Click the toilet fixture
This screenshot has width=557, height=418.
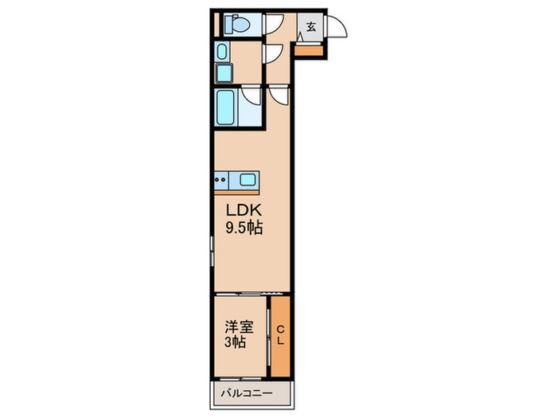(x=237, y=24)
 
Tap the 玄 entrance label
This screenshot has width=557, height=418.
(x=311, y=26)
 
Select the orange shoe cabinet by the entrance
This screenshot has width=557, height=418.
(x=309, y=50)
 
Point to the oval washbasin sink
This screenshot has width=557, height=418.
(x=222, y=52)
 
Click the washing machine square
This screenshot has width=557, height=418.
(x=224, y=73)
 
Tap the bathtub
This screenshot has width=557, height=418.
(x=225, y=107)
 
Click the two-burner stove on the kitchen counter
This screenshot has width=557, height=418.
(x=221, y=180)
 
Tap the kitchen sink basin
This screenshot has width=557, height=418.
(x=247, y=180)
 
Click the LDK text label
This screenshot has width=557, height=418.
(x=244, y=210)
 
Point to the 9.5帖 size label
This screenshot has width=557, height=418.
(x=244, y=228)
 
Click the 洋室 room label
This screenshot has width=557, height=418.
(x=239, y=327)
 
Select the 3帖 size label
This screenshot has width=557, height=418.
(x=235, y=342)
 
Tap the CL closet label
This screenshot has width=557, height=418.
(x=280, y=335)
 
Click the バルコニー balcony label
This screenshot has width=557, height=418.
(x=247, y=393)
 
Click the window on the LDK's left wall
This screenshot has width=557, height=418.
(x=212, y=251)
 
